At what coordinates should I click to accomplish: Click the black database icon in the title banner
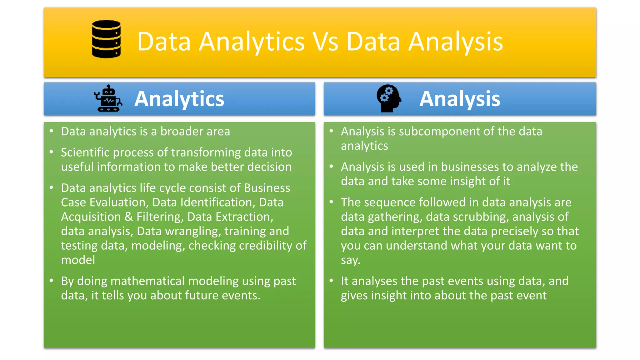[106, 39]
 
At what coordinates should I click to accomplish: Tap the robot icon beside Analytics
[108, 98]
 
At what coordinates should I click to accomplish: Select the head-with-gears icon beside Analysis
[388, 98]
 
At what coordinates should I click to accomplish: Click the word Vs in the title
[326, 42]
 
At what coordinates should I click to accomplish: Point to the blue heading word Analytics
[179, 99]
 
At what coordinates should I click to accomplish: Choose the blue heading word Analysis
[459, 99]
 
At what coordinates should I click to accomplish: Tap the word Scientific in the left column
[85, 152]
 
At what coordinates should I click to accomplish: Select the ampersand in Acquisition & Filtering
[128, 217]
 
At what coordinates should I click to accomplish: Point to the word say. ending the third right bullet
[350, 260]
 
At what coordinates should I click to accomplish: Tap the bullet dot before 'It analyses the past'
[331, 281]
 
